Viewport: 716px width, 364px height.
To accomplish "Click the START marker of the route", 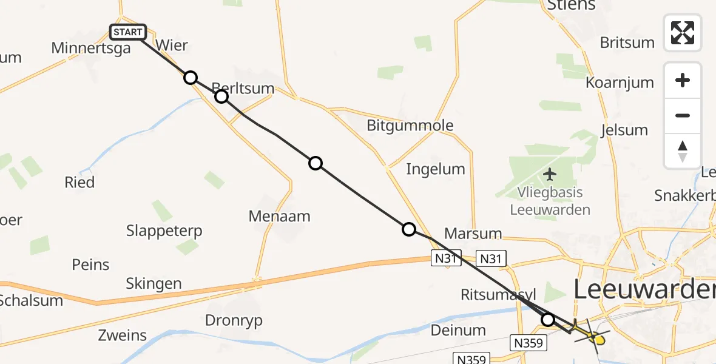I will click(128, 32).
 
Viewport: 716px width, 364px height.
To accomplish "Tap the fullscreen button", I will click(683, 33).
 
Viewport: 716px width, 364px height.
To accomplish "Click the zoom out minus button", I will click(683, 115).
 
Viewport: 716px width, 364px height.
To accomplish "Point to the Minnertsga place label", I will click(91, 48).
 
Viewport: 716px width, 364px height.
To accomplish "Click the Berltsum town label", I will click(243, 89).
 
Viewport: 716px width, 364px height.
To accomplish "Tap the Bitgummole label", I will click(410, 126).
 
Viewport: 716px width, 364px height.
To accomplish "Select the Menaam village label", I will click(279, 216).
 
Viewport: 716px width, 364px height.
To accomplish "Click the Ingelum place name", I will click(436, 169).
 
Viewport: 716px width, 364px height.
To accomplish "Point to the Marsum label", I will click(473, 234).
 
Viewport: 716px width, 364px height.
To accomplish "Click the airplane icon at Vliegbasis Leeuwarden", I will click(550, 175).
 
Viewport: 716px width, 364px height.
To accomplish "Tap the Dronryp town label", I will click(234, 321).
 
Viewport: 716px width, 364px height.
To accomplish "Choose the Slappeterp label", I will click(164, 231).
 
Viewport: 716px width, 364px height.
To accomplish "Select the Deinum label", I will click(458, 331).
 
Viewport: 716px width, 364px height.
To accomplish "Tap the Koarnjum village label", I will click(620, 83).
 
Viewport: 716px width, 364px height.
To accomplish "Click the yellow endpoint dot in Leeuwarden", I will click(599, 340).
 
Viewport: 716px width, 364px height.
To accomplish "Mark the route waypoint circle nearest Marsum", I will click(409, 229).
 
